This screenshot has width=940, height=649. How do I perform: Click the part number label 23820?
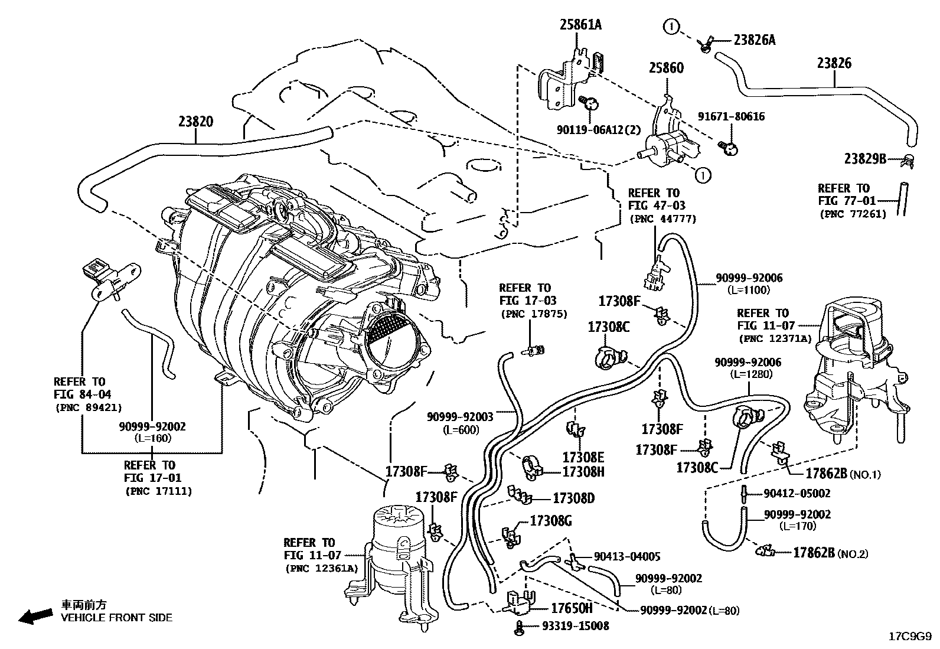(x=195, y=122)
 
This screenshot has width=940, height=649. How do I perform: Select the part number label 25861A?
(x=581, y=25)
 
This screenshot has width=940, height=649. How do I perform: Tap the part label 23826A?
(x=754, y=40)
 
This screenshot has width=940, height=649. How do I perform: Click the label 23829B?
(x=865, y=159)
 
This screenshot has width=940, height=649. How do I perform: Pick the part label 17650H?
(x=571, y=608)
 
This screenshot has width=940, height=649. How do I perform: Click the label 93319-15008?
(x=576, y=625)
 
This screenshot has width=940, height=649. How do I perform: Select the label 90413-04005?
(x=627, y=556)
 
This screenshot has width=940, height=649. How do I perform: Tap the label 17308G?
(x=551, y=521)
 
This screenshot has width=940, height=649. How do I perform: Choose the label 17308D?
(x=573, y=498)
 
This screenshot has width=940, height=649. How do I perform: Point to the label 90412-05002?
(x=797, y=493)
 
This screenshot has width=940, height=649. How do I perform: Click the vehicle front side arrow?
(x=34, y=617)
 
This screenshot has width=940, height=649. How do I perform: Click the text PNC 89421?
(x=88, y=407)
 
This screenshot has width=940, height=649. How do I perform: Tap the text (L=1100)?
(x=749, y=290)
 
